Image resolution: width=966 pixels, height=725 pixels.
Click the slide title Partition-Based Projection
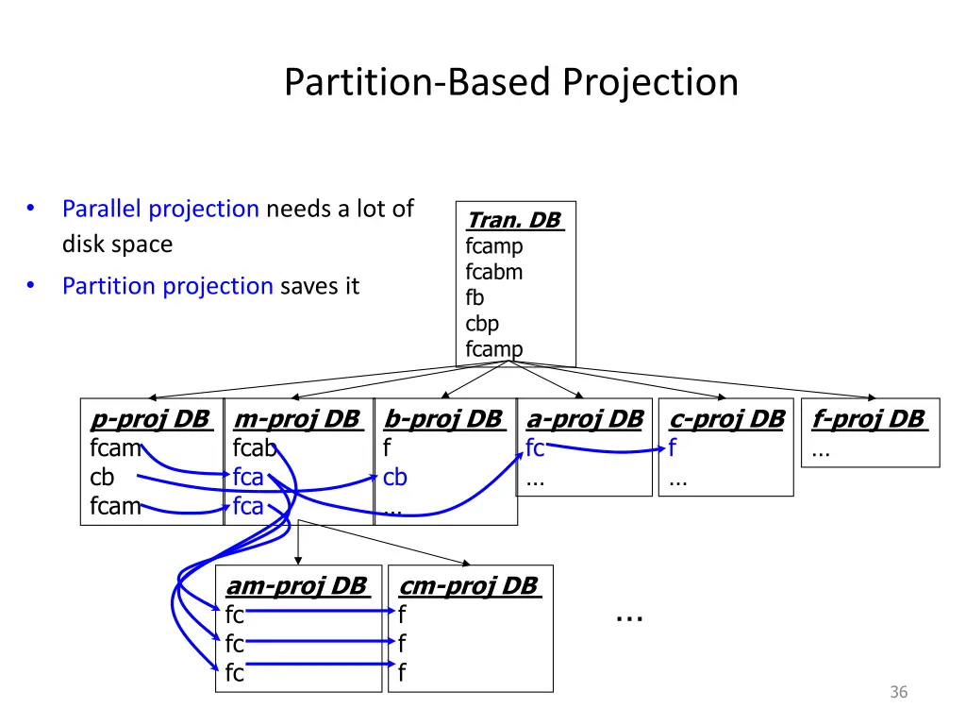tap(510, 83)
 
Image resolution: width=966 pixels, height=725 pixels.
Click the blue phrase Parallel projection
tap(160, 209)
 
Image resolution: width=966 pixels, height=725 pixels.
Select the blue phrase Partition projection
tap(167, 286)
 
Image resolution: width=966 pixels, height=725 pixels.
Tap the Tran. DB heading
tap(514, 221)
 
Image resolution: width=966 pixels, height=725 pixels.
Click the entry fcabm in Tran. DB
tap(493, 272)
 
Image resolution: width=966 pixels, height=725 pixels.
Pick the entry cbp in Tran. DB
tap(482, 323)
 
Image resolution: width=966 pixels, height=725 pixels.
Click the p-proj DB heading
tap(150, 419)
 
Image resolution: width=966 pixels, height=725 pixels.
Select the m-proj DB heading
tap(296, 419)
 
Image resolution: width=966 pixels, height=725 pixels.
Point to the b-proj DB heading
tap(442, 419)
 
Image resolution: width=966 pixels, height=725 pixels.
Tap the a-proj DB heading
tap(585, 419)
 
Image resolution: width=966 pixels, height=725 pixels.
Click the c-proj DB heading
tap(726, 419)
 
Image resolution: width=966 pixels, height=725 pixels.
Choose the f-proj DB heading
tap(869, 419)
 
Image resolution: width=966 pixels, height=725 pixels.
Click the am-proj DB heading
tap(295, 586)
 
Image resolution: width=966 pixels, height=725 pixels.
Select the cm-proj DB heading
tap(468, 586)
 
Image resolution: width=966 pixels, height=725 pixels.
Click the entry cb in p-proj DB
tap(102, 478)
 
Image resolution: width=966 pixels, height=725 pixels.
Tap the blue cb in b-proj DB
tap(395, 478)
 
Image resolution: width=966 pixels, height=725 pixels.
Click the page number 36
tap(898, 693)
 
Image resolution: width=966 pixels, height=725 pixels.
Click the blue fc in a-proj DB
tap(535, 449)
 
